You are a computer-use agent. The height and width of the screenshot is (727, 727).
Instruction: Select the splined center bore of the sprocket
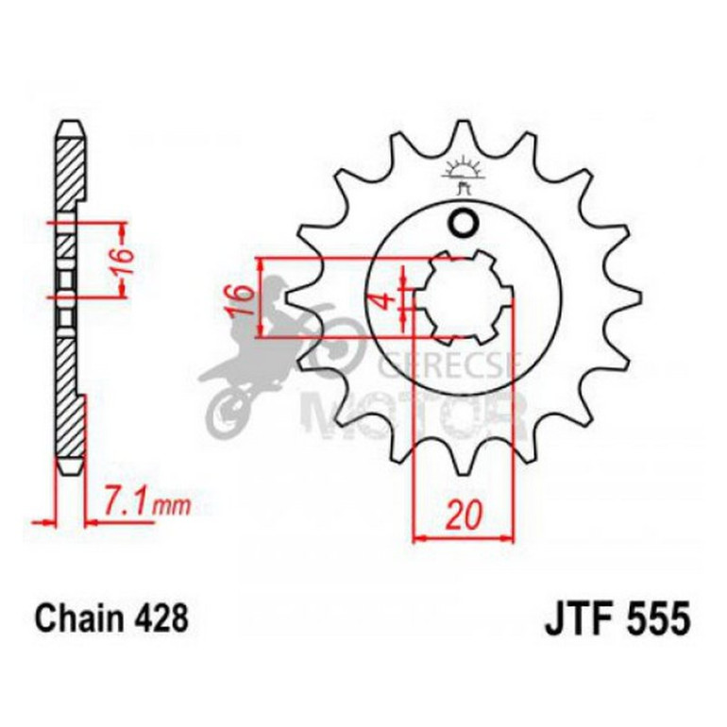coord(463,297)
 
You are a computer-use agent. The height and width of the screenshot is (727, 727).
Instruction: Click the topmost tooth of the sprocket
coord(463,132)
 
